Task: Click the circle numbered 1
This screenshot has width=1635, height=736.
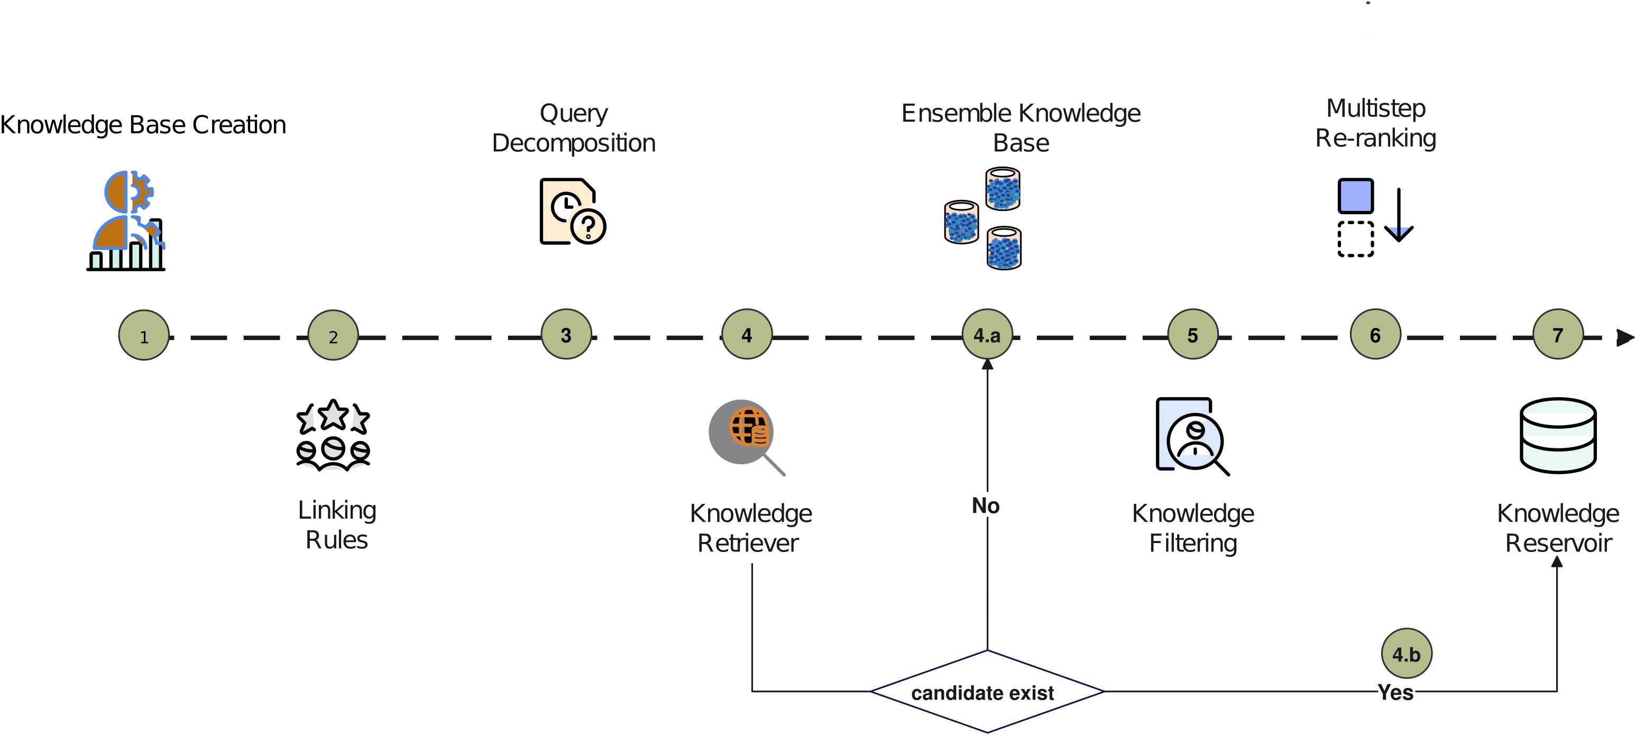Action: click(144, 335)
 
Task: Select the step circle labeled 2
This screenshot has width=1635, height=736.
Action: click(333, 335)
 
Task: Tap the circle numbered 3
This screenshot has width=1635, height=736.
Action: click(566, 334)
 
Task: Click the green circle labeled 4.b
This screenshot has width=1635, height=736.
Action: click(1407, 654)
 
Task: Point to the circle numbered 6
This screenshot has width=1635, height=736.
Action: click(1375, 334)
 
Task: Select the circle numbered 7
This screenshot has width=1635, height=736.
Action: click(1558, 334)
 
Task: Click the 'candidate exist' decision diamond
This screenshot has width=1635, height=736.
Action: click(988, 692)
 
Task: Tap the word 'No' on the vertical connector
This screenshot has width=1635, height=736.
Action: click(986, 505)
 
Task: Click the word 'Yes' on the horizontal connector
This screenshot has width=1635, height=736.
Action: click(1395, 692)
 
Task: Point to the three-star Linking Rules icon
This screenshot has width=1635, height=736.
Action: click(333, 435)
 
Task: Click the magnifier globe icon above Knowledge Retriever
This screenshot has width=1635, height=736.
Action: click(747, 437)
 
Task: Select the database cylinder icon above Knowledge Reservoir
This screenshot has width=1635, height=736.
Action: click(1558, 435)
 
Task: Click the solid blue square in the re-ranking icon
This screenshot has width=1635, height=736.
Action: click(1356, 196)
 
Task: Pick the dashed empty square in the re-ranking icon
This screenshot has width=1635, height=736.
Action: click(1356, 239)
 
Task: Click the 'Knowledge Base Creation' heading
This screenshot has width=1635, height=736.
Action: click(143, 125)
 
